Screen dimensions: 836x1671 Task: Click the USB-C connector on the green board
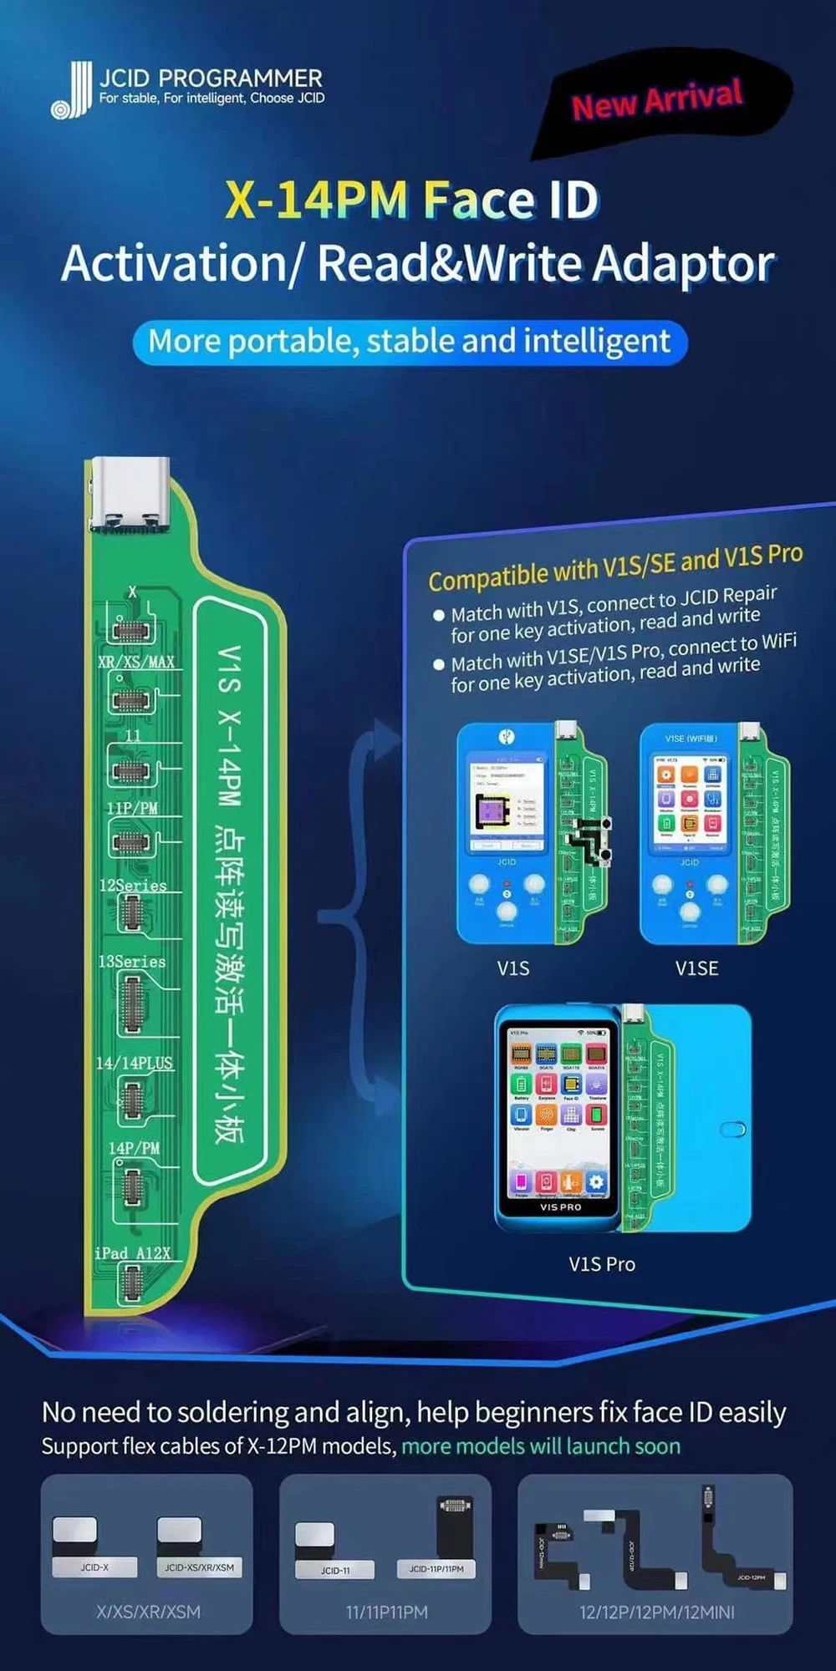[x=130, y=495]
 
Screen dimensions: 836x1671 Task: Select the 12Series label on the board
[x=133, y=886]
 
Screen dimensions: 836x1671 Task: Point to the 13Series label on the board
[x=132, y=962]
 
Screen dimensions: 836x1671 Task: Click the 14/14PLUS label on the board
[x=135, y=1063]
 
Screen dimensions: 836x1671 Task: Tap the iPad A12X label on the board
[x=133, y=1253]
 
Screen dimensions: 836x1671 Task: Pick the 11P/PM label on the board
[x=132, y=808]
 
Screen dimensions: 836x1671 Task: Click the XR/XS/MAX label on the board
[x=136, y=662]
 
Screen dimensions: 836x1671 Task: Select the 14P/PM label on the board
[x=134, y=1148]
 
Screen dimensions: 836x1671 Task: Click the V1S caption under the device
[x=513, y=968]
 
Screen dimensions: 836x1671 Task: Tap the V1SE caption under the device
[x=696, y=968]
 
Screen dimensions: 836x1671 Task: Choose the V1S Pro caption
[x=602, y=1264]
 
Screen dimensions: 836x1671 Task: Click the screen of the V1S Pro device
[x=558, y=1111]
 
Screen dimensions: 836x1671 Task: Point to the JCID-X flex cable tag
[x=94, y=1567]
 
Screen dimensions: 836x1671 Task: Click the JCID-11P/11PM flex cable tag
[x=436, y=1569]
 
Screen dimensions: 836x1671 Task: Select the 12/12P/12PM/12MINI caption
[x=657, y=1613]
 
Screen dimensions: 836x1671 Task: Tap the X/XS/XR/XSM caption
[x=148, y=1613]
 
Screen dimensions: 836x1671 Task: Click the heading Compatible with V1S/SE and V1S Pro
[x=615, y=566]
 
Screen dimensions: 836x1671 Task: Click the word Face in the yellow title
[x=478, y=201]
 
